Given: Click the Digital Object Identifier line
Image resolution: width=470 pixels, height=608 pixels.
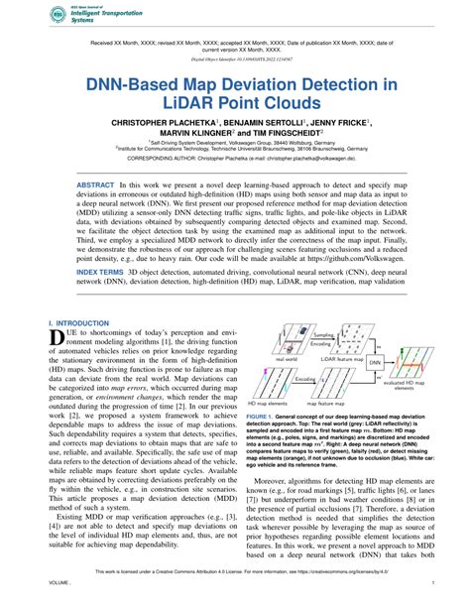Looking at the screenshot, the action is coord(235,59).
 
